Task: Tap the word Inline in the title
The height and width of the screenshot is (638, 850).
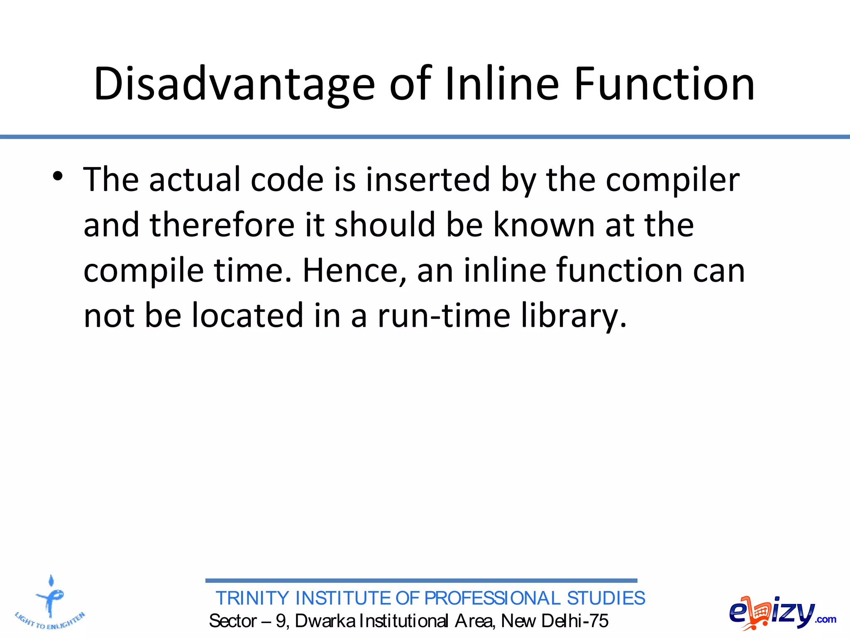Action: tap(502, 84)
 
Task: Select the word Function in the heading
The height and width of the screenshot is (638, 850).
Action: tap(664, 84)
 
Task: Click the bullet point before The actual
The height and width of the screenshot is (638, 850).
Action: tap(58, 176)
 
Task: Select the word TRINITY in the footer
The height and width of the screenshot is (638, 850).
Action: tap(252, 599)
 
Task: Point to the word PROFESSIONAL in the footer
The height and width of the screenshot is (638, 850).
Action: tap(492, 599)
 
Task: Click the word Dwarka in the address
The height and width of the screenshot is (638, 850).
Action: tap(325, 621)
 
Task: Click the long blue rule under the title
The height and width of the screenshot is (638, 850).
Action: tap(425, 137)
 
